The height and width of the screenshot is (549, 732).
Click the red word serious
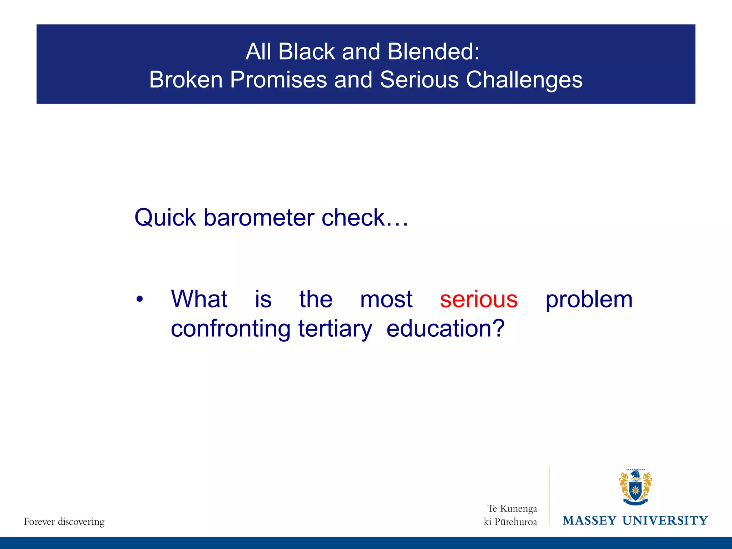click(x=479, y=300)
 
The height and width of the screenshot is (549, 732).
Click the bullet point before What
click(x=140, y=299)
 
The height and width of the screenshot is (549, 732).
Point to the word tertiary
click(x=335, y=329)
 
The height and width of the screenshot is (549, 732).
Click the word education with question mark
click(x=445, y=329)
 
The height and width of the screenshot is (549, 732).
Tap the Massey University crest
click(x=635, y=488)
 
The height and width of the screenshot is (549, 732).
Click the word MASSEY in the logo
click(x=589, y=520)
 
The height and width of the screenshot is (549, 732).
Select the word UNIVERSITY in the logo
click(x=665, y=520)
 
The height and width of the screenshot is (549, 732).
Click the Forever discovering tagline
click(x=64, y=521)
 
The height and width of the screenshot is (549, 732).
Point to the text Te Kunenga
click(x=512, y=508)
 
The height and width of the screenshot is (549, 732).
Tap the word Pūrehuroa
click(x=515, y=522)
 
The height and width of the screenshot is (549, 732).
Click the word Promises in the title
click(x=278, y=80)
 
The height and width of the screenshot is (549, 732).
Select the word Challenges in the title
click(x=524, y=80)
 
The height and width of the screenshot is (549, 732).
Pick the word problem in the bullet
click(x=589, y=300)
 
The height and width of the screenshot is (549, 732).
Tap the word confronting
click(x=231, y=329)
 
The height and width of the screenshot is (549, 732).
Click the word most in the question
click(x=386, y=300)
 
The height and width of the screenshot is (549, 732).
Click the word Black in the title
click(x=306, y=51)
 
